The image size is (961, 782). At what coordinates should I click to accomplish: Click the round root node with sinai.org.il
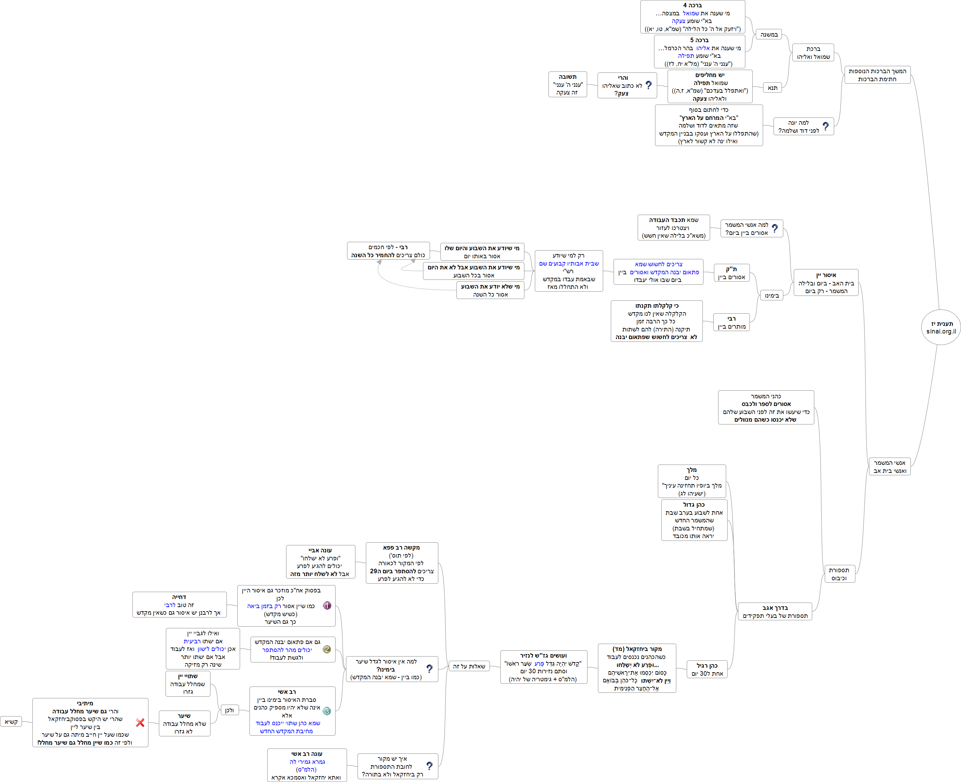[941, 328]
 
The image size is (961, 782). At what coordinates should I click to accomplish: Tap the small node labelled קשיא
[11, 722]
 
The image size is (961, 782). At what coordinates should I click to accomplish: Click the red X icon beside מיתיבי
[140, 722]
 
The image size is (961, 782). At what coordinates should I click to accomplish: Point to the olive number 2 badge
[327, 649]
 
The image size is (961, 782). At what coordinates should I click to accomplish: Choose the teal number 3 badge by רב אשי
[327, 711]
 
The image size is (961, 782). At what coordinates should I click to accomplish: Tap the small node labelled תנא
[772, 88]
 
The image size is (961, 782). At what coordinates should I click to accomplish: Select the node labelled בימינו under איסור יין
[772, 296]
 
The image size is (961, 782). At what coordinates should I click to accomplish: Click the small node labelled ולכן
[229, 710]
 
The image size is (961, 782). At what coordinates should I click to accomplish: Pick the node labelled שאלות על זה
[469, 666]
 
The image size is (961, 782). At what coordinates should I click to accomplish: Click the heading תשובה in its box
[567, 77]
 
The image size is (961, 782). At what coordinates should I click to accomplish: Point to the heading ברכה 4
[693, 6]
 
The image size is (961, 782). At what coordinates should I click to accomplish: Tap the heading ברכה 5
[699, 40]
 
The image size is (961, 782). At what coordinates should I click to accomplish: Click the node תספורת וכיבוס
[839, 574]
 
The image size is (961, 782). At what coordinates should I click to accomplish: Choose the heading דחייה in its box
[179, 597]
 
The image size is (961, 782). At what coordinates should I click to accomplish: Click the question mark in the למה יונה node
[825, 127]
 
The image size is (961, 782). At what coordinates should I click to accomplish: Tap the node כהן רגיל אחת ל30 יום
[707, 669]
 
